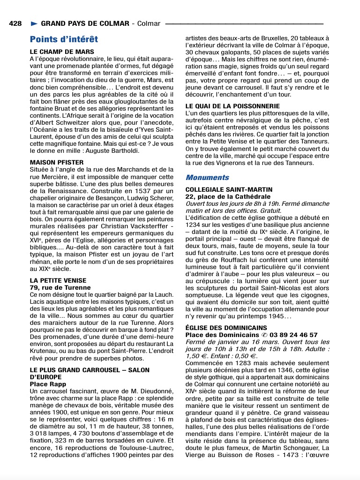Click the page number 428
point(15,23)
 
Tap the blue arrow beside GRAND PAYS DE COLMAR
point(34,23)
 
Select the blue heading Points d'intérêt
point(64,39)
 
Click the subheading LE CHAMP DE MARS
point(62,52)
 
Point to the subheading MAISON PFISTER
point(57,163)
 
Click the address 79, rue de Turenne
point(60,287)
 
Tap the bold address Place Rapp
point(47,384)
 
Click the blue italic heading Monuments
point(207,177)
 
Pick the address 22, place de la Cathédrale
point(228,197)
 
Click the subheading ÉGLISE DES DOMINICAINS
point(226,328)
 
